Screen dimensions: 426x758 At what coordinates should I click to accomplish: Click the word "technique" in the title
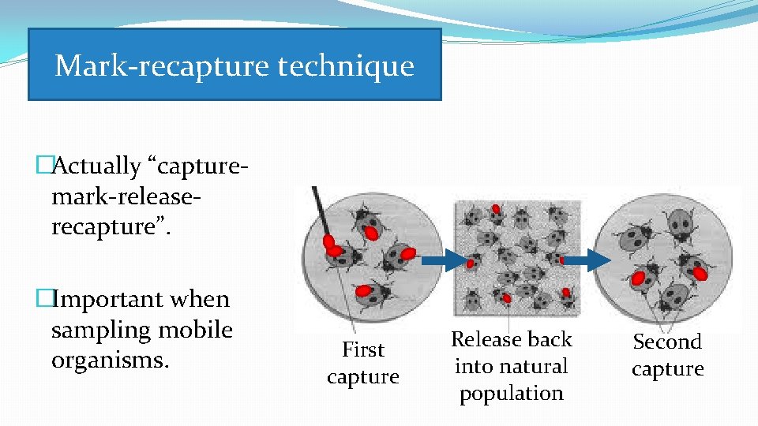[346, 65]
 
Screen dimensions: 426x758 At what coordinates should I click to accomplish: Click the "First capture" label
[362, 363]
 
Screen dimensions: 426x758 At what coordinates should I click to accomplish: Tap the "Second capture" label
[667, 355]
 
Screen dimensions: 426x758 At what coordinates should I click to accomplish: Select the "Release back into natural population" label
[511, 366]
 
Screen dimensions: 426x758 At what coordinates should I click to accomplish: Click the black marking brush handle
[319, 208]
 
